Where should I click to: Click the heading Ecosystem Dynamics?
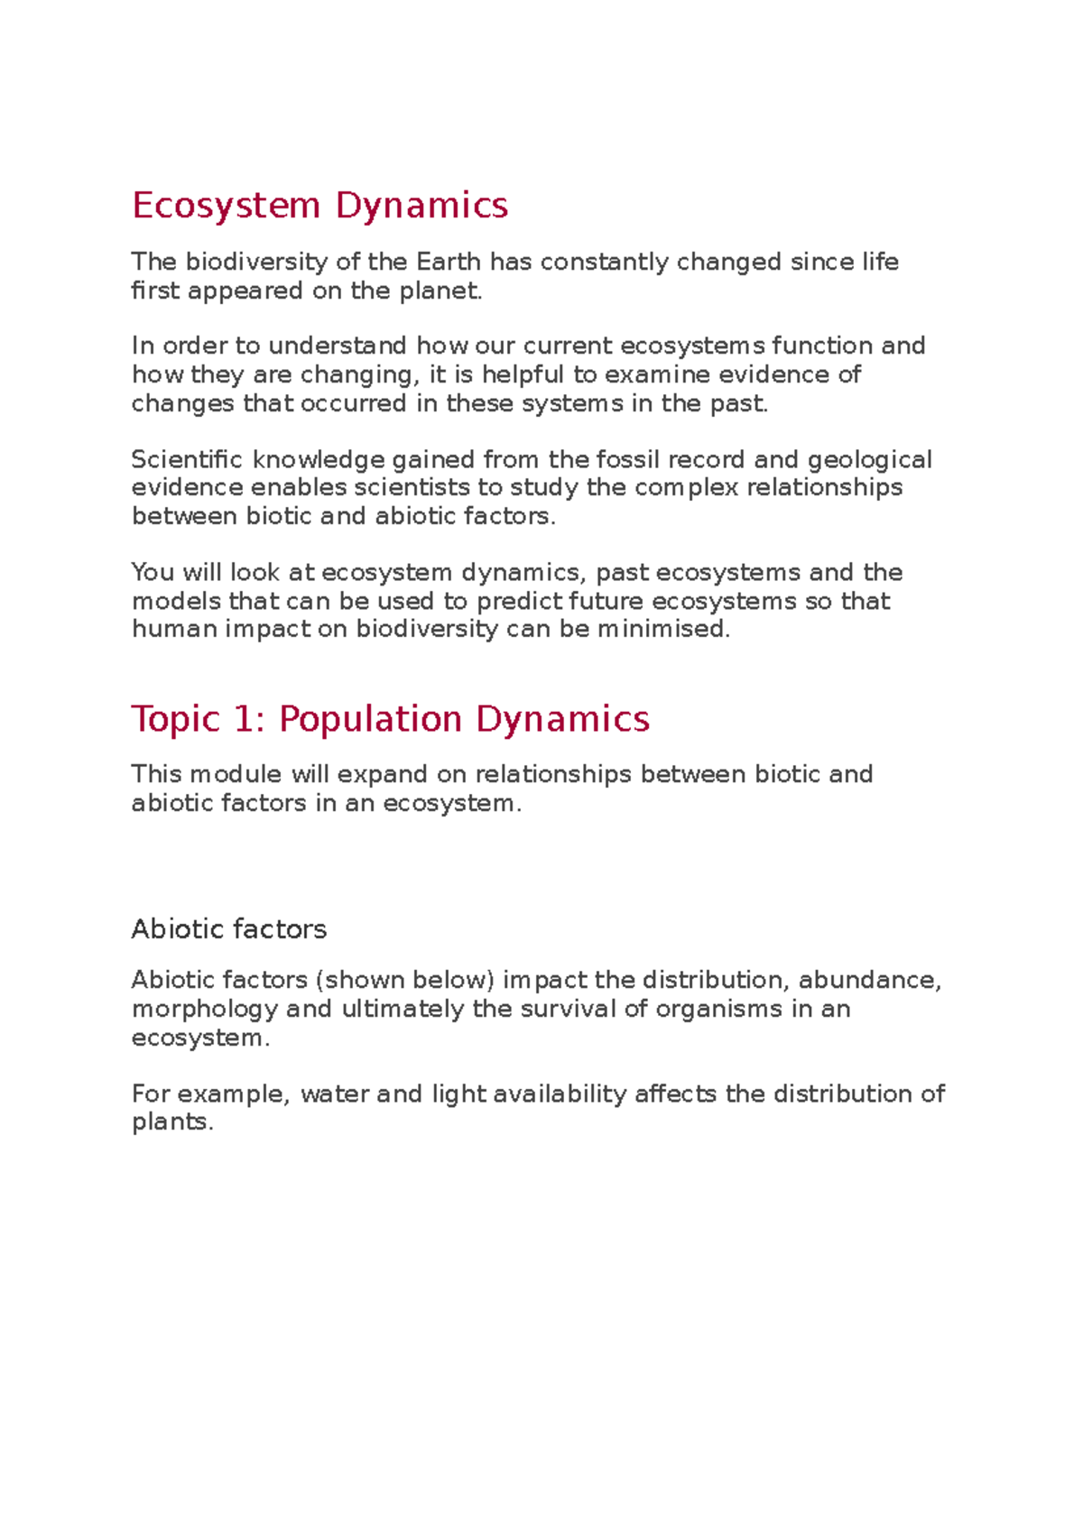click(319, 206)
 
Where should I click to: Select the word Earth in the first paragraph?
click(449, 262)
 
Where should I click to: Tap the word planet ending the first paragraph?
click(440, 291)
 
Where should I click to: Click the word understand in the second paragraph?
click(338, 346)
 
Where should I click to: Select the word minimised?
click(663, 629)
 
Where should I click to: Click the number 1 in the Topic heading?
click(244, 719)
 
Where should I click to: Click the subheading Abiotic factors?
click(229, 929)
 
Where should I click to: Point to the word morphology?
click(205, 1009)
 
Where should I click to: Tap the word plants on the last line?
click(171, 1122)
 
